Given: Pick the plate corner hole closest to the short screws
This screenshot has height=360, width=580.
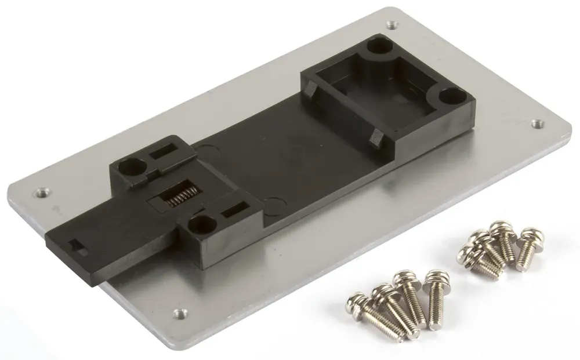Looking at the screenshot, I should tap(536, 123).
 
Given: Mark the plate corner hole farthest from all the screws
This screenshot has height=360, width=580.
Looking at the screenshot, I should tap(391, 25).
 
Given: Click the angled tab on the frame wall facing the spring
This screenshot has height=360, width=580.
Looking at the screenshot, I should tap(312, 89).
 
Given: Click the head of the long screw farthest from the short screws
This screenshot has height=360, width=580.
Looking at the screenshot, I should tap(355, 302).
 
